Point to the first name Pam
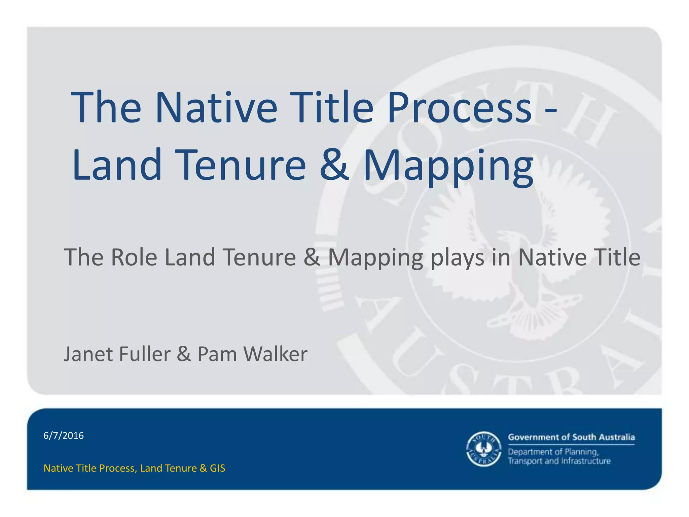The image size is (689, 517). [217, 354]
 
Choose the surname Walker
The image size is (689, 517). [275, 354]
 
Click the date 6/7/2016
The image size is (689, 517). [64, 436]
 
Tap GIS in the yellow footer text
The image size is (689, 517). [217, 468]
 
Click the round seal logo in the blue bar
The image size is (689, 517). [484, 449]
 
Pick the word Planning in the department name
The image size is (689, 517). [581, 452]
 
